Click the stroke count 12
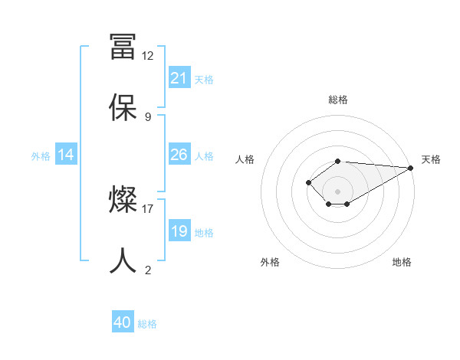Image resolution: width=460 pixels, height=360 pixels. pyautogui.click(x=147, y=55)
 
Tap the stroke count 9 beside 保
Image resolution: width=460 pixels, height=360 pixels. pyautogui.click(x=147, y=116)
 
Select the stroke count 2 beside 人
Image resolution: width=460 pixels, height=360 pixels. pyautogui.click(x=147, y=270)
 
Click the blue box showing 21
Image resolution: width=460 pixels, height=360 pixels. pyautogui.click(x=179, y=78)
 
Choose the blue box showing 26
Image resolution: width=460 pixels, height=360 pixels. pyautogui.click(x=179, y=155)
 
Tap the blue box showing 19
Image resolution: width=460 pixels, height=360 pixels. pyautogui.click(x=179, y=231)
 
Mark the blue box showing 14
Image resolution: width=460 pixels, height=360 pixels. pyautogui.click(x=66, y=155)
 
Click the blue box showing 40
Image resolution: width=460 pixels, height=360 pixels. pyautogui.click(x=123, y=322)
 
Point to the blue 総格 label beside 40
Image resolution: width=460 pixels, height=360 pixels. pyautogui.click(x=147, y=324)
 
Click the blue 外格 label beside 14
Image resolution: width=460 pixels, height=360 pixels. pyautogui.click(x=41, y=155)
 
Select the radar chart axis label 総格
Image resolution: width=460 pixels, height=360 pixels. pyautogui.click(x=338, y=100)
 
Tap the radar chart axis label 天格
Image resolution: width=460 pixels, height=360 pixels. pyautogui.click(x=431, y=159)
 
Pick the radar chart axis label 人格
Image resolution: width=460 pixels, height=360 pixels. pyautogui.click(x=245, y=159)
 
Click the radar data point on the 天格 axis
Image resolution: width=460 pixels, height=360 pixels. pyautogui.click(x=410, y=168)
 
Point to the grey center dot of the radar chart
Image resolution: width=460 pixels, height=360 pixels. pyautogui.click(x=338, y=191)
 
